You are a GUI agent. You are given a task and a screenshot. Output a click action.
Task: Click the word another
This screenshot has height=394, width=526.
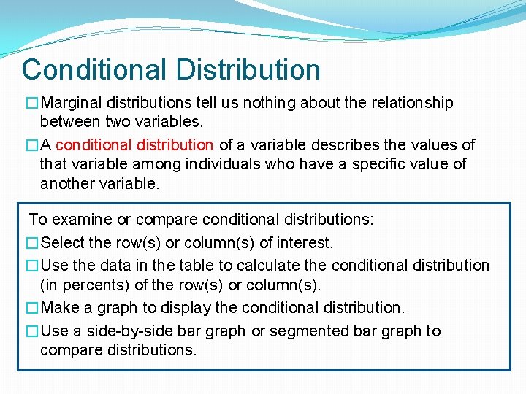(70, 183)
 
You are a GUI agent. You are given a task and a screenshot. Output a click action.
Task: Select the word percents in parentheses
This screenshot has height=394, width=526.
(89, 285)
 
